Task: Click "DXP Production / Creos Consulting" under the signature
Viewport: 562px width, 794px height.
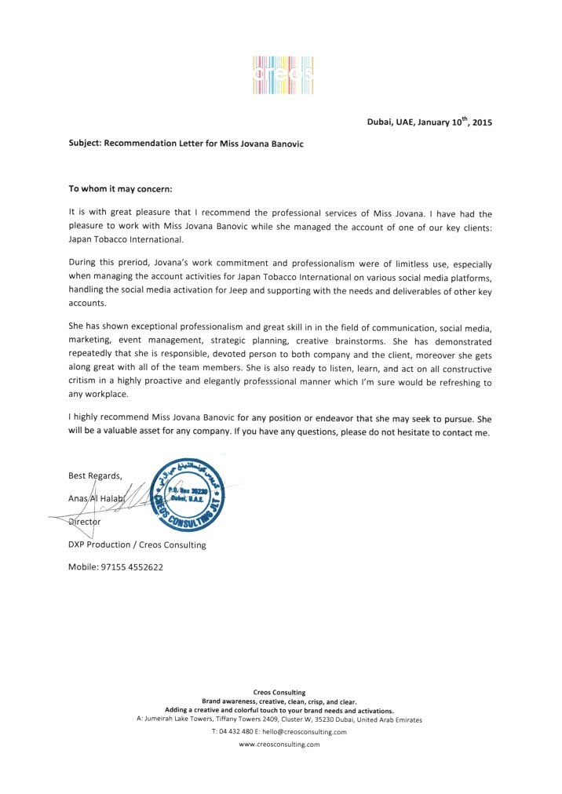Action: click(137, 545)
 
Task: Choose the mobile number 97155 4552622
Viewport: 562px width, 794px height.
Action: click(116, 567)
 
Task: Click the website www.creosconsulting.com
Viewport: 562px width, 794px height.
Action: click(279, 745)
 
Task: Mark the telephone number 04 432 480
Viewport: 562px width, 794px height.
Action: click(231, 732)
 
